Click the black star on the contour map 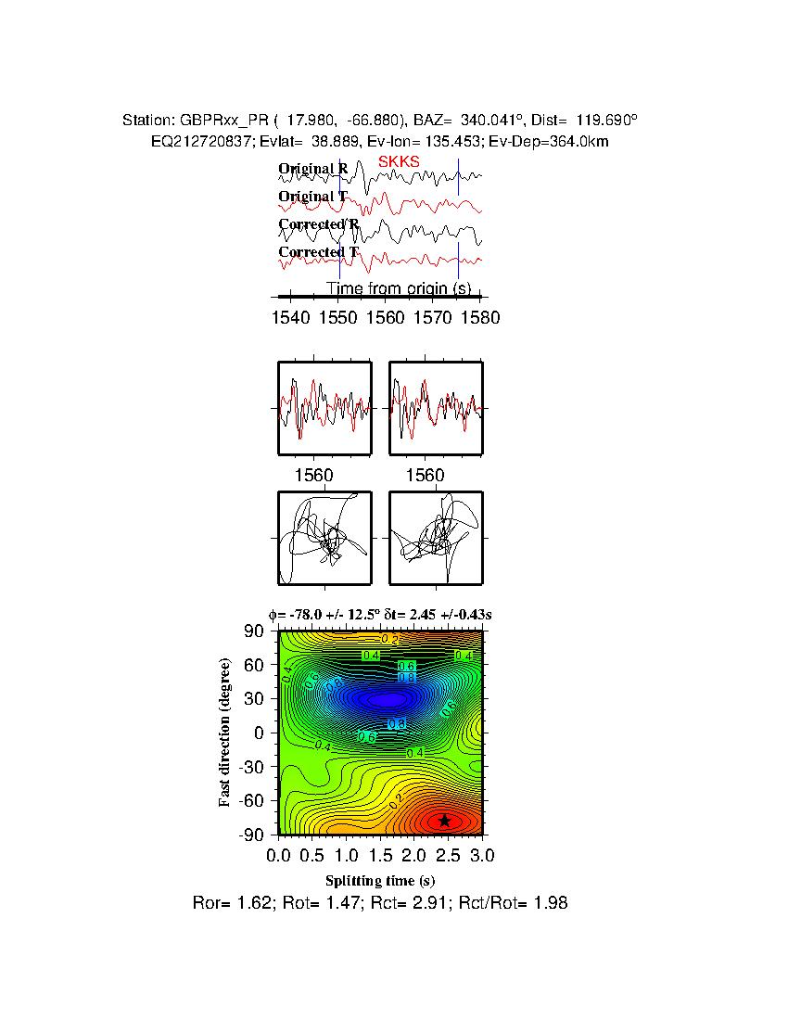[x=445, y=820]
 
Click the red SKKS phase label [x=399, y=161]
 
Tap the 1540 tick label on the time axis [x=290, y=318]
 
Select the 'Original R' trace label [x=313, y=169]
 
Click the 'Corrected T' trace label [x=318, y=252]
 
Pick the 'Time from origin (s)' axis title [x=399, y=289]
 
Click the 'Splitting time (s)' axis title [x=380, y=880]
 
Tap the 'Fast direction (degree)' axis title [x=225, y=733]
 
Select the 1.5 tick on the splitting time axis [x=380, y=854]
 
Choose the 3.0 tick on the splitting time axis [x=481, y=854]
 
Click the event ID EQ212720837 [x=197, y=141]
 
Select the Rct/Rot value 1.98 [x=552, y=902]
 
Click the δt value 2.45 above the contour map [x=413, y=614]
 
